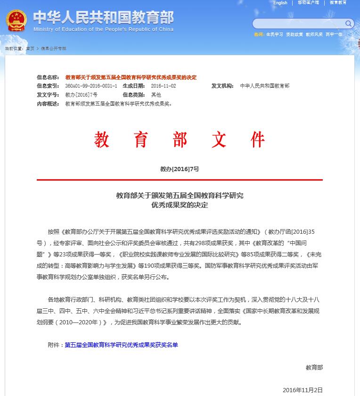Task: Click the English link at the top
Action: [x=280, y=3]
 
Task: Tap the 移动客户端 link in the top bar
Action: [x=308, y=3]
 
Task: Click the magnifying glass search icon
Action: [x=349, y=23]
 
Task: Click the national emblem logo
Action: [x=16, y=21]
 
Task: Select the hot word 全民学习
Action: [x=274, y=34]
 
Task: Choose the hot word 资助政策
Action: [x=295, y=34]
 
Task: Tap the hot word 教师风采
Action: [x=314, y=34]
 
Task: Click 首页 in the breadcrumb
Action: [x=30, y=49]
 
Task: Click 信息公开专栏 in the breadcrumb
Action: [x=53, y=49]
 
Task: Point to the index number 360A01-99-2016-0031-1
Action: [x=91, y=86]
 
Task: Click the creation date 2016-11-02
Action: [x=164, y=86]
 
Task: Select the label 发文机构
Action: [x=222, y=86]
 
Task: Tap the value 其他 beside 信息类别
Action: [x=156, y=95]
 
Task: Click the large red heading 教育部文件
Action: [x=180, y=140]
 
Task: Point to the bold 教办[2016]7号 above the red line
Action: [x=180, y=169]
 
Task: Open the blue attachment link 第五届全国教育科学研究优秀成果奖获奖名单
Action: [x=121, y=345]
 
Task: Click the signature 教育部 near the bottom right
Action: [x=314, y=367]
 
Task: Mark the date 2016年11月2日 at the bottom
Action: [x=303, y=390]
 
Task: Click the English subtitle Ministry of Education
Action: [x=103, y=29]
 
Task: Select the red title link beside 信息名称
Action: [x=131, y=77]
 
